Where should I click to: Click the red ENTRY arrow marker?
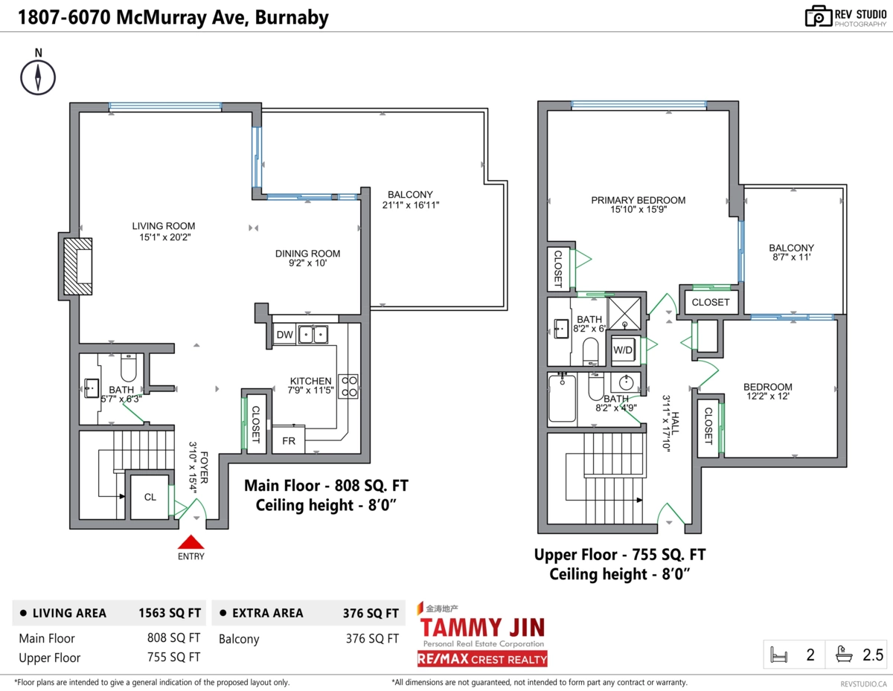(x=191, y=542)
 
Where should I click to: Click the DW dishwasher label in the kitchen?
(x=284, y=335)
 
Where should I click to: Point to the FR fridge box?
(x=288, y=440)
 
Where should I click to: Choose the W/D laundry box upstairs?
(x=623, y=350)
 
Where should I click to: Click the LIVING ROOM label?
(x=164, y=226)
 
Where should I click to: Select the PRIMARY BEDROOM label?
(x=638, y=200)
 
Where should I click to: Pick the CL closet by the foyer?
(x=150, y=497)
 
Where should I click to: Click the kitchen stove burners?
(x=349, y=385)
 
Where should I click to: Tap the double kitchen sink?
(x=315, y=335)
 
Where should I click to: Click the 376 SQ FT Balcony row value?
(x=372, y=638)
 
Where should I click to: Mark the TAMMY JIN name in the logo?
(x=482, y=626)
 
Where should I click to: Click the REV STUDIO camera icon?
(x=817, y=16)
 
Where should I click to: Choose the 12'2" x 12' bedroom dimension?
(x=767, y=397)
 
